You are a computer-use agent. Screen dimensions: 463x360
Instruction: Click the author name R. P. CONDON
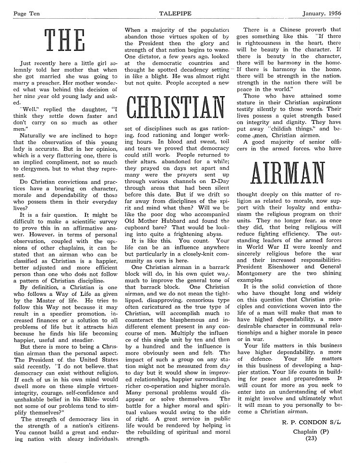305,423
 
